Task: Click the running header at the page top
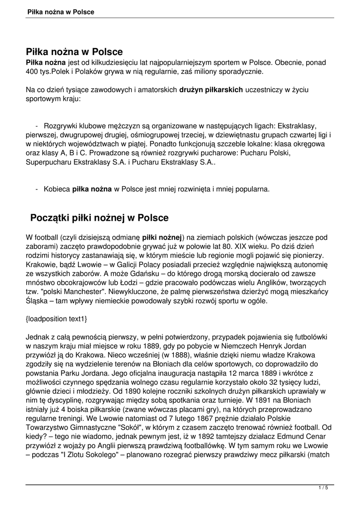(x=61, y=11)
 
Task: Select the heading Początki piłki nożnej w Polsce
(x=99, y=218)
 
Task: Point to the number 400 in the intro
(x=32, y=72)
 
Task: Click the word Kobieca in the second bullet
(x=57, y=189)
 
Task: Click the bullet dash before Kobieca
(x=38, y=189)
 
